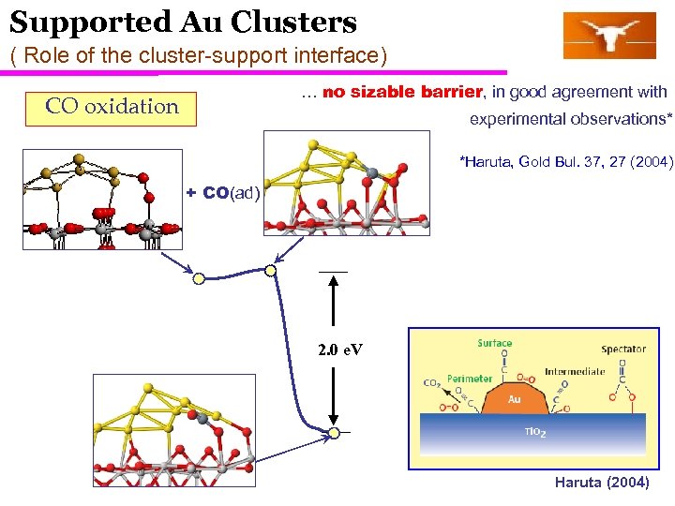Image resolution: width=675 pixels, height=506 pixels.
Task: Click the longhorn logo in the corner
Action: [x=608, y=36]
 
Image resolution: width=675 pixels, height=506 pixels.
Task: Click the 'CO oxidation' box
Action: [x=112, y=107]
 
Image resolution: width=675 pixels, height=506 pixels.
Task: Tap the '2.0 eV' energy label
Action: [x=340, y=350]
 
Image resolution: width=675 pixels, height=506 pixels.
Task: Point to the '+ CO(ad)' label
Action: [x=222, y=193]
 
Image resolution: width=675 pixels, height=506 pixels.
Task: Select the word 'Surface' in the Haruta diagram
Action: [x=494, y=343]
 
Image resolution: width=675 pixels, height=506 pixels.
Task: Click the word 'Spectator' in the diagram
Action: [x=623, y=350]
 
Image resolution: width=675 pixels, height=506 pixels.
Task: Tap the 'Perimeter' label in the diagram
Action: [x=469, y=379]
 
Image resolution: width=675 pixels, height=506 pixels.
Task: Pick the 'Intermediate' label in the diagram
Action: [x=574, y=371]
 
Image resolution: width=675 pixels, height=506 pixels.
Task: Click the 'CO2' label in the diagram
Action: [x=432, y=383]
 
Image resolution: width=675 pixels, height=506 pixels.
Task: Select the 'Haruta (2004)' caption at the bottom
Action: [x=601, y=483]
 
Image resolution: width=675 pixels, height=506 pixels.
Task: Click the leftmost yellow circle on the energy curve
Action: [x=198, y=278]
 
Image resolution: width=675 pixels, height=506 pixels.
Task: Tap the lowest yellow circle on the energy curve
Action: [x=334, y=433]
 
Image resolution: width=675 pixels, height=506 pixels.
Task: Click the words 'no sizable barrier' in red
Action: [x=402, y=92]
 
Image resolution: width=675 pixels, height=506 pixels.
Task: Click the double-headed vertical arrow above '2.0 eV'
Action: [x=333, y=309]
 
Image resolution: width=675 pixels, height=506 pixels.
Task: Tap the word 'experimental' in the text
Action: [x=511, y=119]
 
